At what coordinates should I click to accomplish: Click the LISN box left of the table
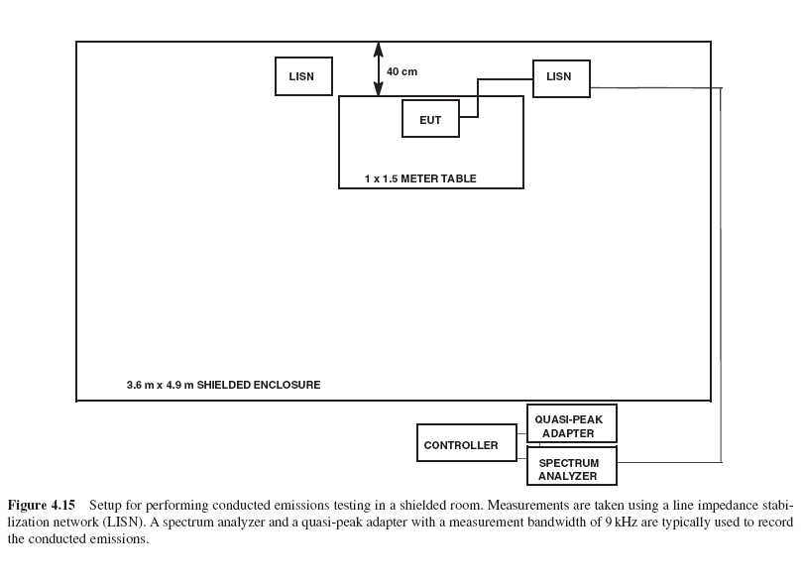(303, 76)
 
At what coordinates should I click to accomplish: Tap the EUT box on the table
(430, 119)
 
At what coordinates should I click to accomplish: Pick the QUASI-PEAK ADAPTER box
(571, 424)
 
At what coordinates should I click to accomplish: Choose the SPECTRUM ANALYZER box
(571, 468)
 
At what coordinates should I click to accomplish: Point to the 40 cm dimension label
(401, 71)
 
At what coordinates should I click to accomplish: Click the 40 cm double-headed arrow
(377, 68)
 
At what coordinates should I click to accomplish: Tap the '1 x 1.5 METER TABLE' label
(420, 179)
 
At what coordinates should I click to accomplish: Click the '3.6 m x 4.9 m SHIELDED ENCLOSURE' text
(223, 385)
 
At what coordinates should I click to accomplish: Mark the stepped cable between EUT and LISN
(477, 98)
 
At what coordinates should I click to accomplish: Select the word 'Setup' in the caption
(120, 504)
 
